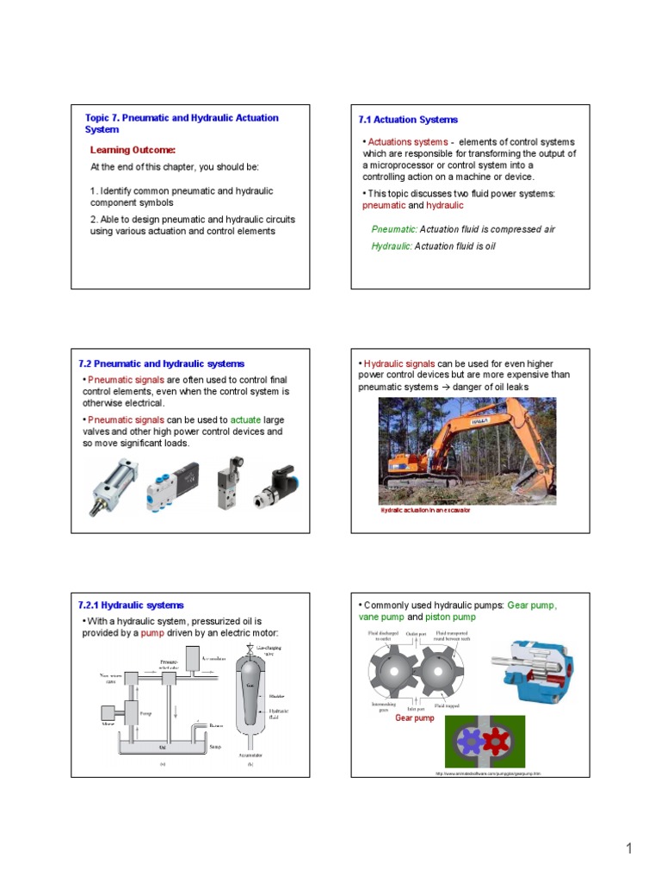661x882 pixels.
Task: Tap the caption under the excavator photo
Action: coord(426,511)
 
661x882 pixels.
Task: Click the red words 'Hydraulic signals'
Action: coord(399,363)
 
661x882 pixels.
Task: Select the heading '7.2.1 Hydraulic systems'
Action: coord(131,606)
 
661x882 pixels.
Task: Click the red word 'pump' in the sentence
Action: coord(152,633)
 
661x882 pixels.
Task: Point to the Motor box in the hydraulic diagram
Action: coord(109,713)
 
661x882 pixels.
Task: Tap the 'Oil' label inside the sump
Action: coord(161,747)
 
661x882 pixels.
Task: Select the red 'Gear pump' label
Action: coord(414,718)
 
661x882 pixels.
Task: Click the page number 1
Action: coord(629,849)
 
